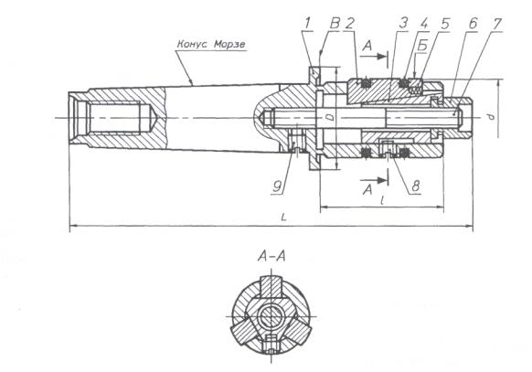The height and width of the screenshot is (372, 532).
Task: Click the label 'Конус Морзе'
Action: [211, 45]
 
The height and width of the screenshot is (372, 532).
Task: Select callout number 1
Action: [307, 24]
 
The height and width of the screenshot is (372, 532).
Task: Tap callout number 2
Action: [350, 24]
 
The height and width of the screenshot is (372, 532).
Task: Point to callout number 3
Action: [403, 24]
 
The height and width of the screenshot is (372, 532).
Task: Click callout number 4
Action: [424, 24]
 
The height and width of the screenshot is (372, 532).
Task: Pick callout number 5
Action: [445, 24]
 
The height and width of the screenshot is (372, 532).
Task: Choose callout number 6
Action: [473, 24]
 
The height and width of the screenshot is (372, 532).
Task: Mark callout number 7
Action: [497, 24]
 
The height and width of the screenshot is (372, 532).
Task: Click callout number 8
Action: [416, 186]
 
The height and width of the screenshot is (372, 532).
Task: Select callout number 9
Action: [278, 186]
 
